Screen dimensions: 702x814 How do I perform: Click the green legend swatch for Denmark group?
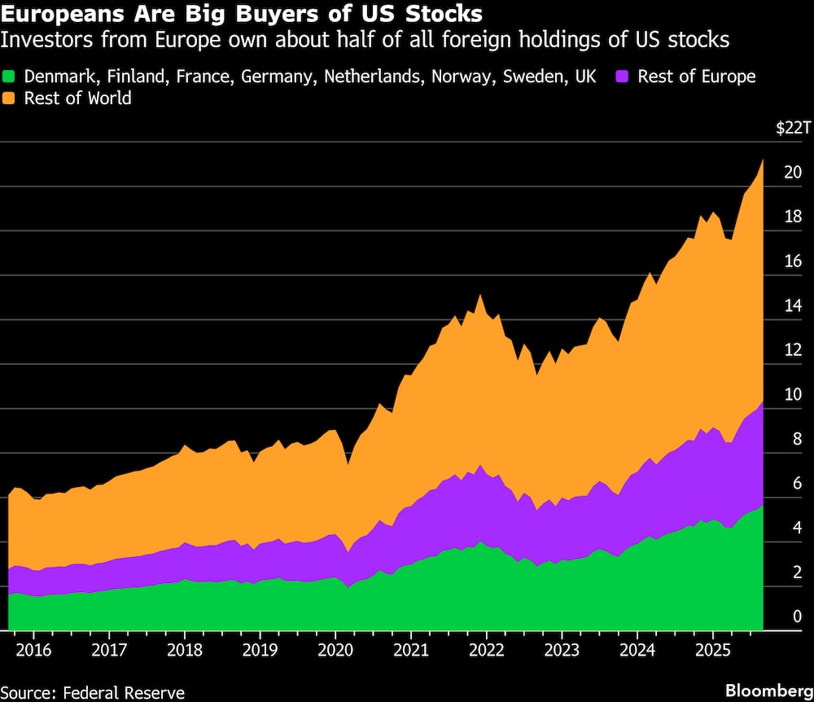click(11, 77)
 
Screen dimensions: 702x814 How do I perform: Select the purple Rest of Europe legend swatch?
click(624, 77)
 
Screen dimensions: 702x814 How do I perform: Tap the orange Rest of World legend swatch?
click(11, 99)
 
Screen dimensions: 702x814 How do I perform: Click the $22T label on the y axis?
click(793, 128)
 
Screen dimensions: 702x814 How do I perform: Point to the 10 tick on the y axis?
click(792, 395)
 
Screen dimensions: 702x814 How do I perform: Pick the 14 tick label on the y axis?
click(792, 306)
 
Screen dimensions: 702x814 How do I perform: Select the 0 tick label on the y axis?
click(797, 617)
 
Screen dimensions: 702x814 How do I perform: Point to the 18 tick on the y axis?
click(792, 217)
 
